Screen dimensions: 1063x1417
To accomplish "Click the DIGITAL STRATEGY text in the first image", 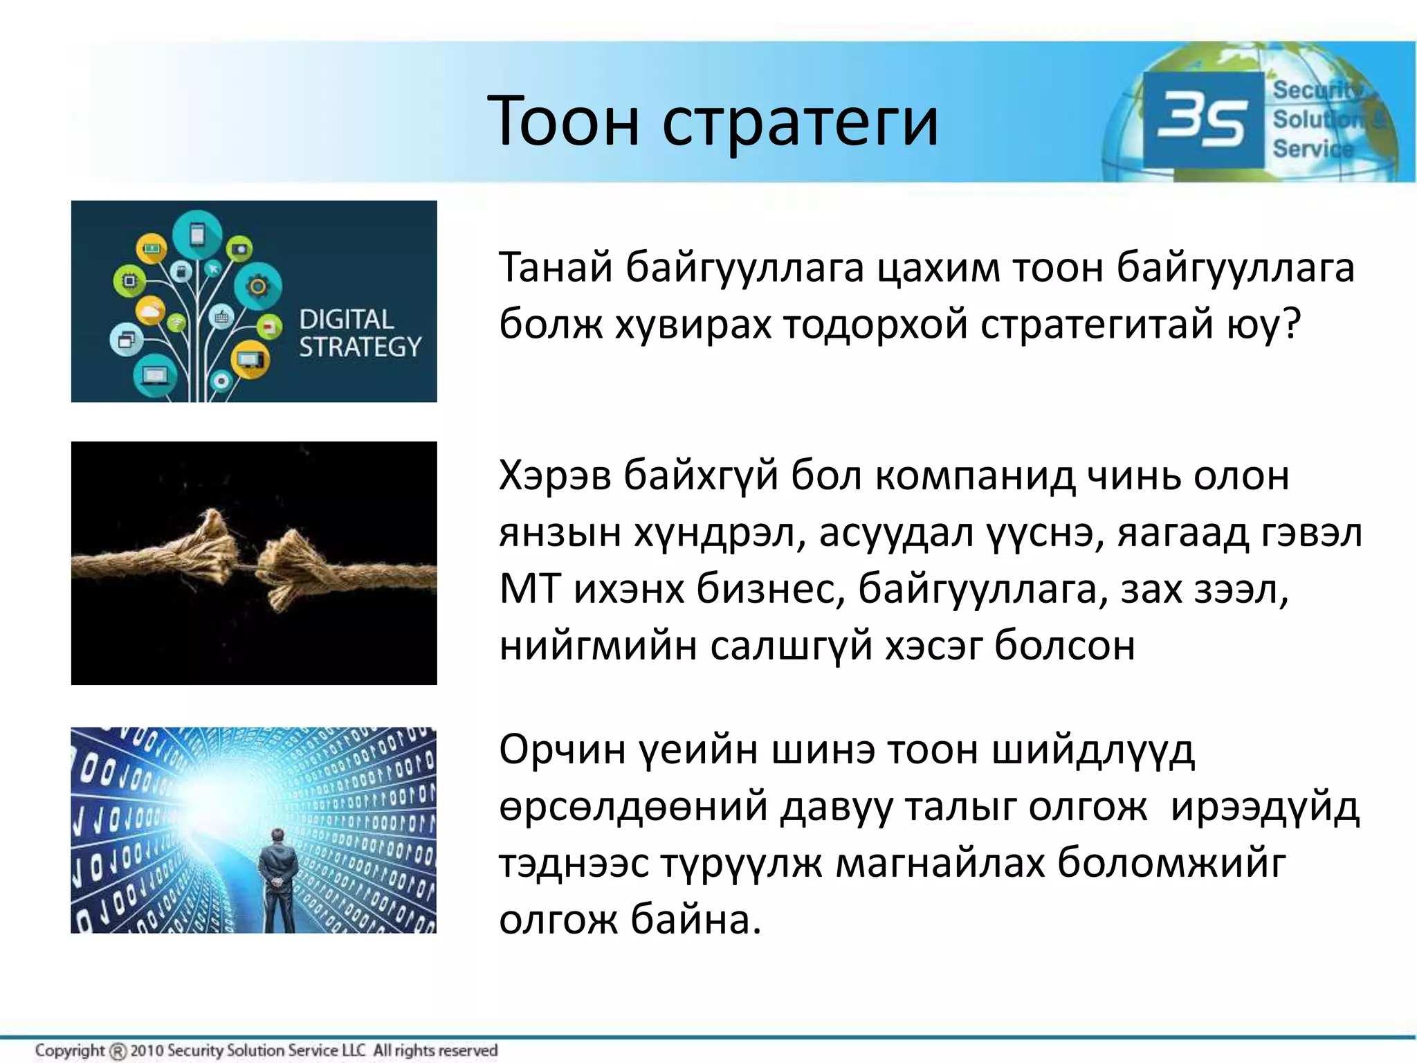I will click(359, 334).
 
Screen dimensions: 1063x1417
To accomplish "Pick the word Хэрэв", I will click(555, 476).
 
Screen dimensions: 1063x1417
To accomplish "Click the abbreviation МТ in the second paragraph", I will click(530, 590).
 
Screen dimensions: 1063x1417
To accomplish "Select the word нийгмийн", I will click(597, 646).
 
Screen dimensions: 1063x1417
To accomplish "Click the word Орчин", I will click(562, 750).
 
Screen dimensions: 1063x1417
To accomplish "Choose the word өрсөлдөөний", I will click(633, 807).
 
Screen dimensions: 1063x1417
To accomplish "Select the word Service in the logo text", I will click(1313, 149).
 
